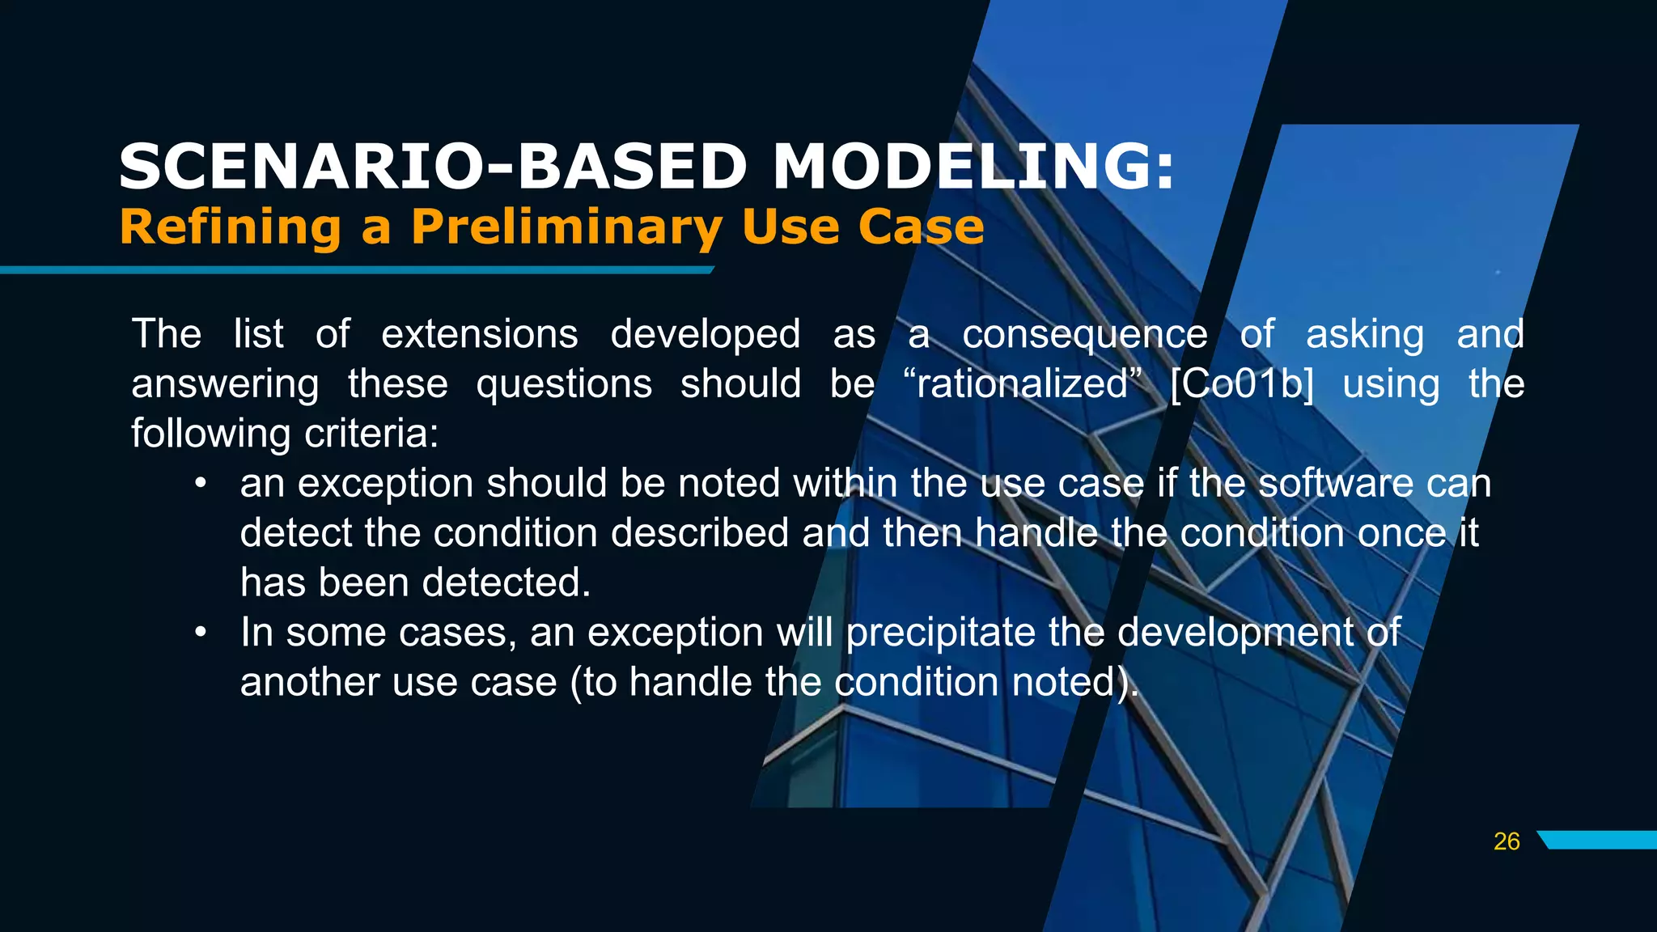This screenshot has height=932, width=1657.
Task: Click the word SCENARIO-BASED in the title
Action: (433, 167)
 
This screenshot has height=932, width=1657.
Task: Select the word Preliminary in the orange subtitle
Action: (566, 227)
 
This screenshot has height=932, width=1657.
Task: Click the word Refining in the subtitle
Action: (231, 227)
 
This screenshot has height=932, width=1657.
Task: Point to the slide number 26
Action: (1507, 841)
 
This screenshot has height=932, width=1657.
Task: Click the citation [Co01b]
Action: (1242, 383)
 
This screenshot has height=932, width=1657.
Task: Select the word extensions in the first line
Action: (479, 334)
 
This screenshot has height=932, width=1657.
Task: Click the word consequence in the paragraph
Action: (1084, 334)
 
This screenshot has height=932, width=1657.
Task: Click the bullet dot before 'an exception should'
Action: (201, 484)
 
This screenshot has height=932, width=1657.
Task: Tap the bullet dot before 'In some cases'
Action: (201, 632)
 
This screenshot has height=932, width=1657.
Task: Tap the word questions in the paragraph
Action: (564, 383)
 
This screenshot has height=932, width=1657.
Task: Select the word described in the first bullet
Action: (700, 533)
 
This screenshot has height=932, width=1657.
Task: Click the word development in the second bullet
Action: (1235, 632)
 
